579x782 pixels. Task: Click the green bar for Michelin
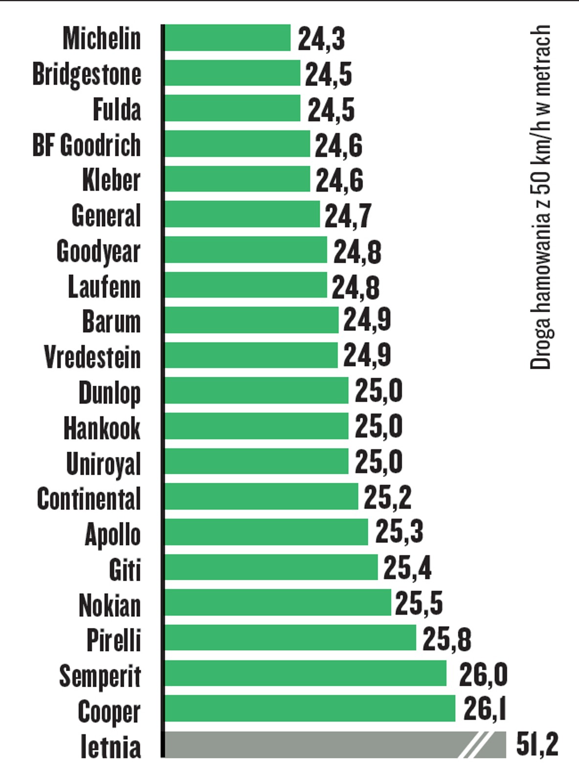tap(227, 38)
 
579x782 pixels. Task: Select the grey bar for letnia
tap(313, 744)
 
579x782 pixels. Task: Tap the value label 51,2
tap(537, 744)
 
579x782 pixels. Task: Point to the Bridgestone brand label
tap(87, 74)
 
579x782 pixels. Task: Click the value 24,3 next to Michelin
tap(321, 39)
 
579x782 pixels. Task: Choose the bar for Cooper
tap(310, 708)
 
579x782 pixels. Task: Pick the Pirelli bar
tap(290, 637)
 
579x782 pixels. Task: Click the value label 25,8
tap(446, 639)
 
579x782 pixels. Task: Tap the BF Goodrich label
tap(87, 145)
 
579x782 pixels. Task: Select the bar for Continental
tap(261, 497)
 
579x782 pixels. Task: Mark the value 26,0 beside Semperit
tap(483, 674)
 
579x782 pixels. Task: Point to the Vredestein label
tap(92, 357)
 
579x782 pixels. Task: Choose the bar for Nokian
tap(278, 602)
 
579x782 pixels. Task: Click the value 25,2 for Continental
tap(387, 498)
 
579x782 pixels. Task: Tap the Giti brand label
tap(125, 569)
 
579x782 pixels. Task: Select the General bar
tap(242, 214)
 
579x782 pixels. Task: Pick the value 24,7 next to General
tap(348, 216)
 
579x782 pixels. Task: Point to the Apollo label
tap(113, 534)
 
